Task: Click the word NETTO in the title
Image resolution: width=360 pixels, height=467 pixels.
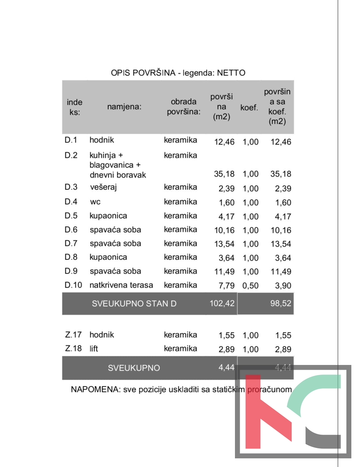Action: [231, 73]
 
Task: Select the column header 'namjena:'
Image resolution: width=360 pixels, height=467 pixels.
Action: [125, 107]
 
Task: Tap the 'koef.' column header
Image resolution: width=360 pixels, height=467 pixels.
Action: [249, 107]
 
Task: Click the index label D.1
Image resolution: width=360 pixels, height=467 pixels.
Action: [71, 140]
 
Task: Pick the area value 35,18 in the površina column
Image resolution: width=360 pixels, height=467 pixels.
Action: [224, 174]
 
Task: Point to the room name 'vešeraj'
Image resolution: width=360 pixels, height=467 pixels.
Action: [104, 188]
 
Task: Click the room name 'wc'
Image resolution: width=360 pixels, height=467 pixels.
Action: [95, 202]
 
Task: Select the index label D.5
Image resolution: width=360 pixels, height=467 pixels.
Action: [71, 216]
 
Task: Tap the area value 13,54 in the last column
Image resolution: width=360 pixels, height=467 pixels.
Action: [281, 244]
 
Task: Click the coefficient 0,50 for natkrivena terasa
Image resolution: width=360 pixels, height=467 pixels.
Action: [251, 286]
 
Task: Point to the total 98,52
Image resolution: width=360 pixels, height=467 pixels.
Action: [281, 304]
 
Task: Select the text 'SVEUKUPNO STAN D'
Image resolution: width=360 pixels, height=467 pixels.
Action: [134, 304]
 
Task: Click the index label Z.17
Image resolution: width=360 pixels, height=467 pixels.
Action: [73, 335]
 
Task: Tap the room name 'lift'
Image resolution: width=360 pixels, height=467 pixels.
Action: [94, 349]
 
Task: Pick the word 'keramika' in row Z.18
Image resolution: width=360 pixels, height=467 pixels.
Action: [180, 349]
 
